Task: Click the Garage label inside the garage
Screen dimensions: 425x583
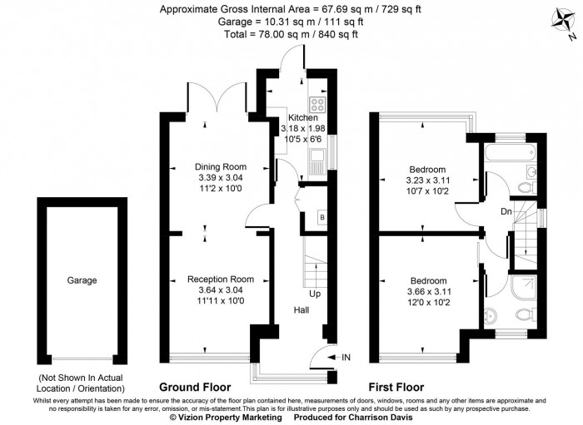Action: (x=82, y=280)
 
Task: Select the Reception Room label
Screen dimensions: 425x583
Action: (x=220, y=279)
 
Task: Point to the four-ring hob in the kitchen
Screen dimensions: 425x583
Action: (x=317, y=105)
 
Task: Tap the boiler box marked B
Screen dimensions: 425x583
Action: (x=321, y=218)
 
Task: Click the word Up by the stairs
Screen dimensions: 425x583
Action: (x=314, y=294)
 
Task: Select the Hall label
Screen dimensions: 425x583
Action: (x=301, y=309)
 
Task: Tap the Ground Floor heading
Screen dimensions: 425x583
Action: (x=196, y=388)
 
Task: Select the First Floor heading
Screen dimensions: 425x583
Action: (x=396, y=388)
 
